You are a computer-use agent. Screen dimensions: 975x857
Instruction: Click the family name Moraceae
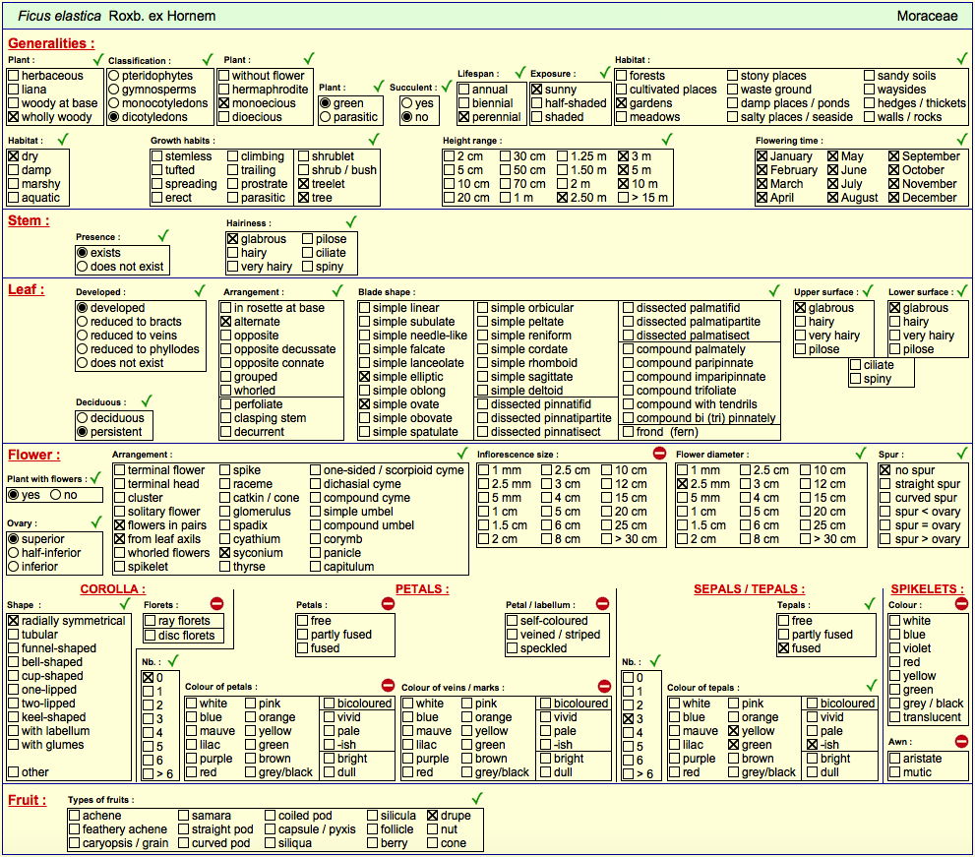click(x=927, y=16)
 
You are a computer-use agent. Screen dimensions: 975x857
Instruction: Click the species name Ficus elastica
click(x=59, y=16)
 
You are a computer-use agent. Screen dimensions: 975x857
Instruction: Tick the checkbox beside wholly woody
click(x=14, y=117)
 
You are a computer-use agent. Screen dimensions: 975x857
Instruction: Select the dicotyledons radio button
click(x=114, y=117)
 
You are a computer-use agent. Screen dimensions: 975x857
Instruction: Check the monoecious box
click(x=224, y=103)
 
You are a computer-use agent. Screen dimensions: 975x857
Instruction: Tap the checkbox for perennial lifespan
click(x=463, y=117)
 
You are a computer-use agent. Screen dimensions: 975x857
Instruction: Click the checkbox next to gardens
click(x=621, y=103)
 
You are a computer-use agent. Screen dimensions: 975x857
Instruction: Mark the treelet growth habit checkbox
click(x=303, y=184)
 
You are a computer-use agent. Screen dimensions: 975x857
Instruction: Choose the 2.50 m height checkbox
click(x=562, y=198)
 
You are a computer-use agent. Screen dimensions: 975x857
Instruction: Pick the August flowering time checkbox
click(x=833, y=198)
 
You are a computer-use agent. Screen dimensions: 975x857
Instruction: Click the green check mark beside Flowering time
click(x=962, y=140)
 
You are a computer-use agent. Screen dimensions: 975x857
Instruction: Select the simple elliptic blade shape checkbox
click(x=364, y=377)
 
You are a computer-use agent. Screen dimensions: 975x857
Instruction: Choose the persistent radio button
click(x=82, y=432)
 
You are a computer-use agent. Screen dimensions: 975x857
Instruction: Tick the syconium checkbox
click(x=225, y=553)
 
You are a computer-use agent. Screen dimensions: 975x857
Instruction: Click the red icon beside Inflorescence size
click(x=660, y=453)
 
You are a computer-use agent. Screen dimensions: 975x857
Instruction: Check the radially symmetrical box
click(x=13, y=621)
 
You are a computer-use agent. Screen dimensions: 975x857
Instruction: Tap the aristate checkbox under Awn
click(x=894, y=759)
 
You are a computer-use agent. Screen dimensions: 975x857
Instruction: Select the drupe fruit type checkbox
click(x=433, y=816)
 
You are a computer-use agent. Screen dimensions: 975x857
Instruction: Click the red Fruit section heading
click(x=27, y=800)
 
